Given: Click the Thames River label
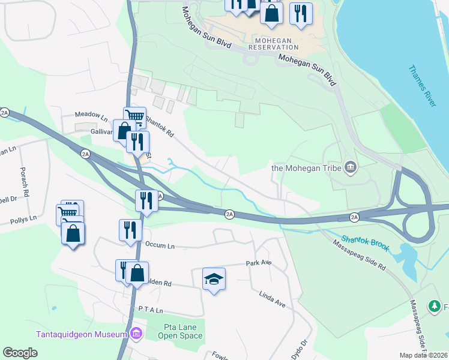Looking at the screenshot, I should click(422, 87).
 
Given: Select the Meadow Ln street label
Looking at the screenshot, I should click(91, 114).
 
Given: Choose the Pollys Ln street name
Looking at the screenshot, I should click(23, 221).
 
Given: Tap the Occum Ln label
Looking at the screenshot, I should click(160, 245).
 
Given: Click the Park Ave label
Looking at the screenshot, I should click(259, 263).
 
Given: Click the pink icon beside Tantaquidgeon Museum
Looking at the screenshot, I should click(136, 334).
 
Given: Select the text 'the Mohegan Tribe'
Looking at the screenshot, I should click(306, 167).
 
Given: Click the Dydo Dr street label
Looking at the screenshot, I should click(299, 349).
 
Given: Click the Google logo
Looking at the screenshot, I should click(20, 353).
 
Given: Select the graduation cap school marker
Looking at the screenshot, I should click(214, 279).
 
